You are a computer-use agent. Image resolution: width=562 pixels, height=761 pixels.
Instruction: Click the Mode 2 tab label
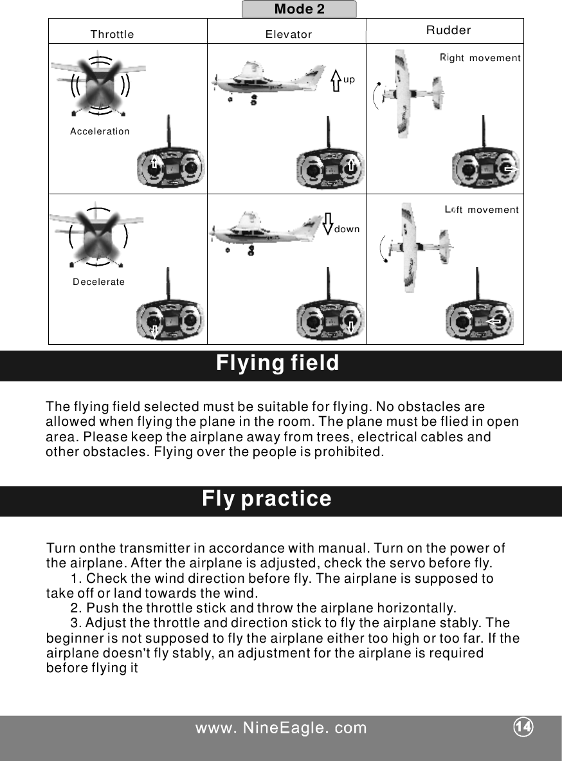coord(299,9)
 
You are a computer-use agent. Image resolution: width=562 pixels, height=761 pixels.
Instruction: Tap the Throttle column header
coord(113,35)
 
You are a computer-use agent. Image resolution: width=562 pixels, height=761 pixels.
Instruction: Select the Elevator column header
coord(289,35)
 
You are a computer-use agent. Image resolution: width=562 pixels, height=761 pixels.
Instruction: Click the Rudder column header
coord(449,30)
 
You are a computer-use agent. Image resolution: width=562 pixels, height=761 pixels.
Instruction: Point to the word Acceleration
coord(100,131)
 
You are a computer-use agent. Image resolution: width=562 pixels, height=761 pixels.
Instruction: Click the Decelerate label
coord(99,282)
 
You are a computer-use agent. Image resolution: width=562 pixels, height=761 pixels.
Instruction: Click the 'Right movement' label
coord(480,59)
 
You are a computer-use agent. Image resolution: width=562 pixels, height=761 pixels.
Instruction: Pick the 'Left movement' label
coord(482,210)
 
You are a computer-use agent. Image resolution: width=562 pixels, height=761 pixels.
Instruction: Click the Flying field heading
coord(277,364)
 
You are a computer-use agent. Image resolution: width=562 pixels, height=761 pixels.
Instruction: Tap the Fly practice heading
coord(267,499)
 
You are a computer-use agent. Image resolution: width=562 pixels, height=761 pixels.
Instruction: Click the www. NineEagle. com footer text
coord(281,728)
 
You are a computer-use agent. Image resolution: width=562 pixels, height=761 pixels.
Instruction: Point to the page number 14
coord(523,726)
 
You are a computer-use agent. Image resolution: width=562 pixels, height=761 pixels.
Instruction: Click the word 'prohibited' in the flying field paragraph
coord(352,452)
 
